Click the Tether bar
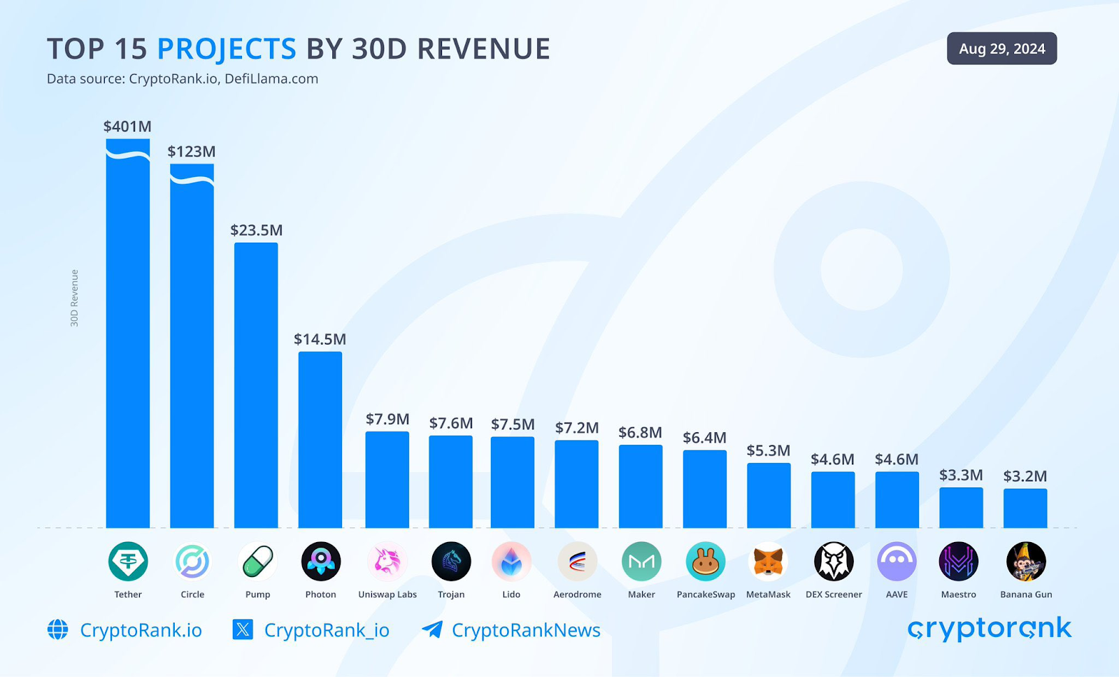pyautogui.click(x=128, y=336)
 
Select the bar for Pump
pyautogui.click(x=256, y=385)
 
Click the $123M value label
pyautogui.click(x=192, y=152)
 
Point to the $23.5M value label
pyautogui.click(x=257, y=230)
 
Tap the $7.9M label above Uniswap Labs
pyautogui.click(x=387, y=419)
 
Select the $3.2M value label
pyautogui.click(x=1025, y=476)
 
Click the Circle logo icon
pyautogui.click(x=192, y=562)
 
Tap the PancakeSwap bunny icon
pyautogui.click(x=706, y=562)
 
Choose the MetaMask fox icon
pyautogui.click(x=768, y=562)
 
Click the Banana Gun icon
pyautogui.click(x=1026, y=562)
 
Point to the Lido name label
pyautogui.click(x=511, y=594)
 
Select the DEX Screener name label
pyautogui.click(x=834, y=594)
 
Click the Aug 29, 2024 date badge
pyautogui.click(x=1002, y=49)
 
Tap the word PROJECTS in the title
pyautogui.click(x=227, y=49)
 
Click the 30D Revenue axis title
pyautogui.click(x=74, y=298)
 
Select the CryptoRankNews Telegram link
pyautogui.click(x=525, y=630)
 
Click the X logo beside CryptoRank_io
pyautogui.click(x=243, y=629)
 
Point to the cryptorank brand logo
pyautogui.click(x=989, y=629)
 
